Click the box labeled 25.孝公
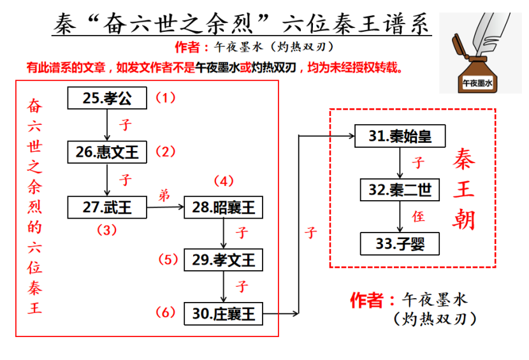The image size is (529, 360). [107, 98]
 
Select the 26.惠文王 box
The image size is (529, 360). [107, 152]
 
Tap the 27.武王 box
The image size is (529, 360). [107, 207]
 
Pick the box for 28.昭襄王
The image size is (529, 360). [223, 207]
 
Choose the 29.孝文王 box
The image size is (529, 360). [223, 259]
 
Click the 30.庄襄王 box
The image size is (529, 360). [223, 313]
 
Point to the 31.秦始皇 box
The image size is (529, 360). [400, 136]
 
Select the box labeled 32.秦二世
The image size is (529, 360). [400, 189]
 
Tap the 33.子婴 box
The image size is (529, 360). [400, 243]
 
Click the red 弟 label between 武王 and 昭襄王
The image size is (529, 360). [164, 196]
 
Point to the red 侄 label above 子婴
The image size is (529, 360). [418, 217]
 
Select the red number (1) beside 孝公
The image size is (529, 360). [165, 98]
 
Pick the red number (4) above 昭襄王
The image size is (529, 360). [224, 181]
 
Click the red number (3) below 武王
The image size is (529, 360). [106, 230]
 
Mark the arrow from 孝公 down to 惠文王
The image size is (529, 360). [107, 125]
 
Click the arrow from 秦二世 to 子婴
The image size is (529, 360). [400, 216]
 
